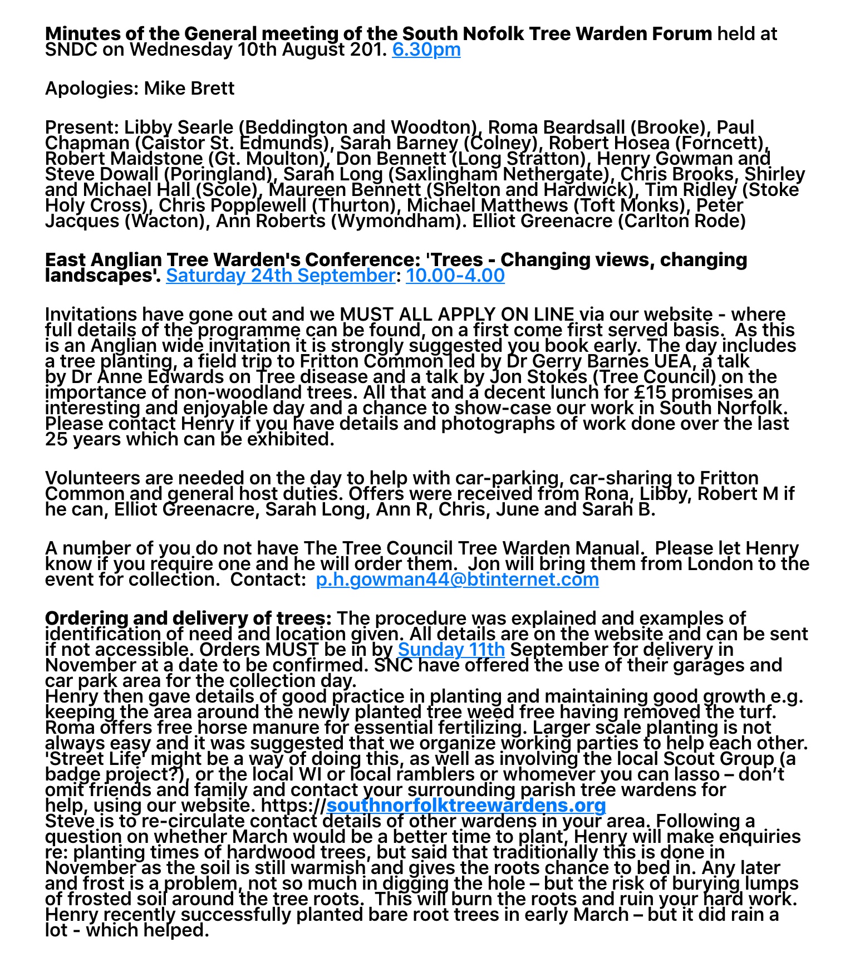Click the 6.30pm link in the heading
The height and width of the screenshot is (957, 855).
pos(426,50)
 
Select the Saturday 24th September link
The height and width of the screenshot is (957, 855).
pos(280,276)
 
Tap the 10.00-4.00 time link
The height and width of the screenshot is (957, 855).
pos(455,276)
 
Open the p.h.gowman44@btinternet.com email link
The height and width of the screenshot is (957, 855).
pos(457,580)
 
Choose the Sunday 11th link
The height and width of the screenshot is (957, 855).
pos(451,650)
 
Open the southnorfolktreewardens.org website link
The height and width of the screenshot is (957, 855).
pos(466,806)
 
